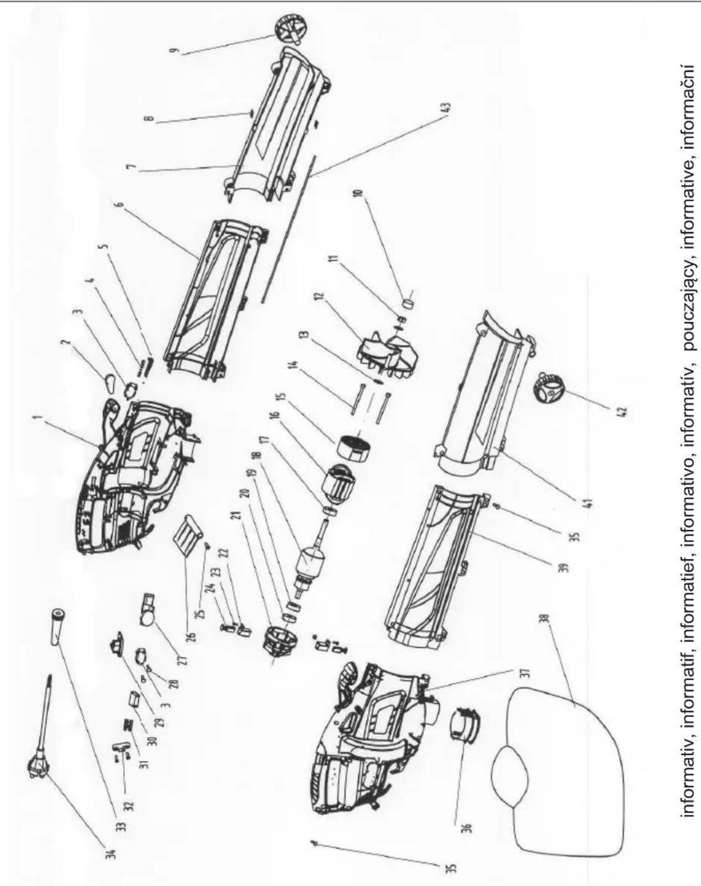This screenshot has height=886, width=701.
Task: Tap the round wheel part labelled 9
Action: click(290, 30)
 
